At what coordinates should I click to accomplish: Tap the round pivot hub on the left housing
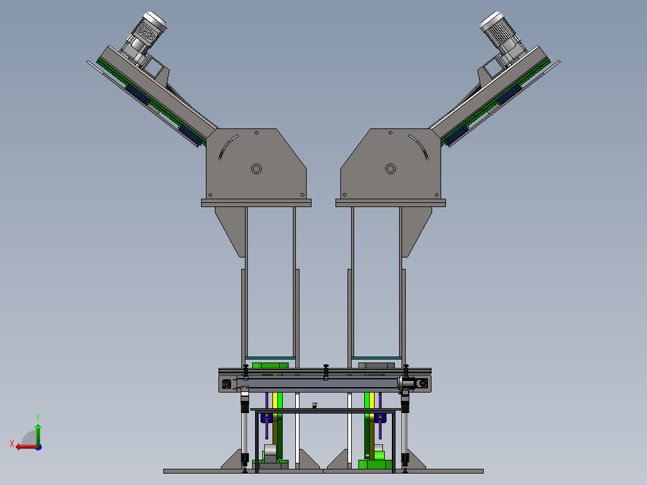(x=256, y=169)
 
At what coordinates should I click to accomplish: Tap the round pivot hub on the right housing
(x=390, y=169)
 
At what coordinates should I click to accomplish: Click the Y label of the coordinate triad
(x=38, y=417)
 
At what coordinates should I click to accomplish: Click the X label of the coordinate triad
(x=12, y=444)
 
